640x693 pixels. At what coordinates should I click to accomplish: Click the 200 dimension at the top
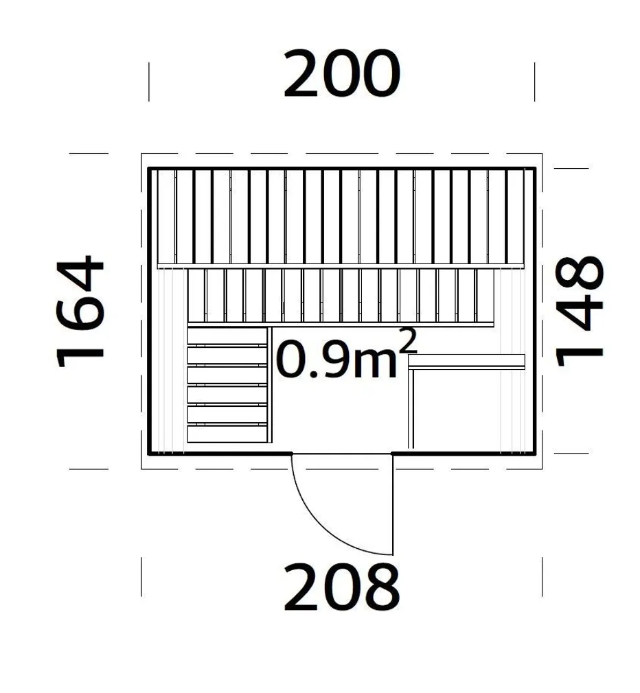[x=341, y=74]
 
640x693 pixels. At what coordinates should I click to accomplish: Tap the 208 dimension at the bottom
[x=341, y=587]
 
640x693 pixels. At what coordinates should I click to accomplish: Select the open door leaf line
[x=393, y=504]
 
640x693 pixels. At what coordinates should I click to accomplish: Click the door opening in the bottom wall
[x=342, y=454]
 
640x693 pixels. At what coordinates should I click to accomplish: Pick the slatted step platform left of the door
[x=227, y=384]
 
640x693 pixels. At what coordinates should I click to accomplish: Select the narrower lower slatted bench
[x=341, y=295]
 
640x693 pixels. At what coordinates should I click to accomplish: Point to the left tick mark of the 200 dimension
[x=149, y=82]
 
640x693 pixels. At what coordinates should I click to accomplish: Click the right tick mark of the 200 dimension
[x=535, y=82]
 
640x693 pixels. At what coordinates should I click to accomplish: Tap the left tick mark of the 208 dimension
[x=142, y=576]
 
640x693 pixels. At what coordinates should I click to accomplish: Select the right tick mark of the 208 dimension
[x=542, y=576]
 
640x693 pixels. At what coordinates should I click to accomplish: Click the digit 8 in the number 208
[x=380, y=587]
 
